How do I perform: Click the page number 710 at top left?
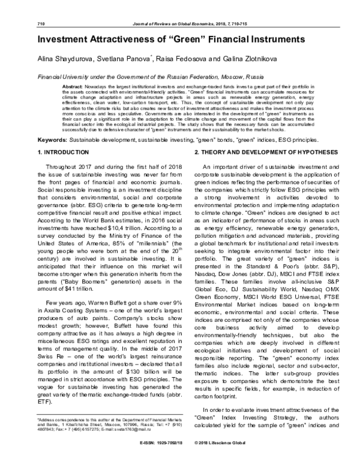pyautogui.click(x=42, y=23)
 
